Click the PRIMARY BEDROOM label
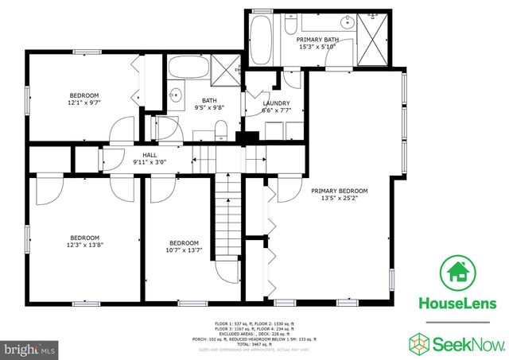[339, 191]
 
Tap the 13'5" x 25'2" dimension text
[339, 199]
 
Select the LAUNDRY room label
[276, 103]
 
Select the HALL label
[150, 155]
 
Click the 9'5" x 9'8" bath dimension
[209, 107]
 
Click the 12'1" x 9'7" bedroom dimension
[84, 101]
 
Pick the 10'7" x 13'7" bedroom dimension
[183, 250]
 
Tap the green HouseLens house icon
[458, 273]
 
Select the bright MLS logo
[29, 348]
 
